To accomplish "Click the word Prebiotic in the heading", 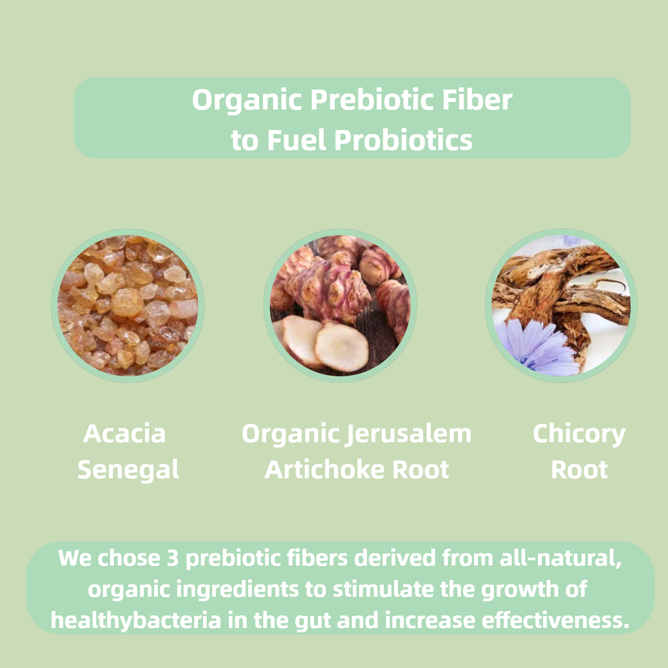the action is tap(372, 100).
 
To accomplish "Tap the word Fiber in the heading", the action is tap(477, 100).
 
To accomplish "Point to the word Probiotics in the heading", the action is tap(403, 140).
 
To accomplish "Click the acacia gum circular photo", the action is tap(128, 305).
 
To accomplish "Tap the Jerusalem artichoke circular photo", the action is tap(340, 305).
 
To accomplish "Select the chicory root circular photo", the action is tap(561, 305).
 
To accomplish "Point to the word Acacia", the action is tap(124, 434).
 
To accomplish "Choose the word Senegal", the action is tap(128, 470).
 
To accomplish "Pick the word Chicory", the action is tap(579, 435).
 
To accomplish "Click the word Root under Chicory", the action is tap(579, 470).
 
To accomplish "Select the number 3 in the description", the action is tap(173, 558).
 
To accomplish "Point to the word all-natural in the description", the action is tap(561, 558).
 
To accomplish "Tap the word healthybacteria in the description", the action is tap(136, 620).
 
